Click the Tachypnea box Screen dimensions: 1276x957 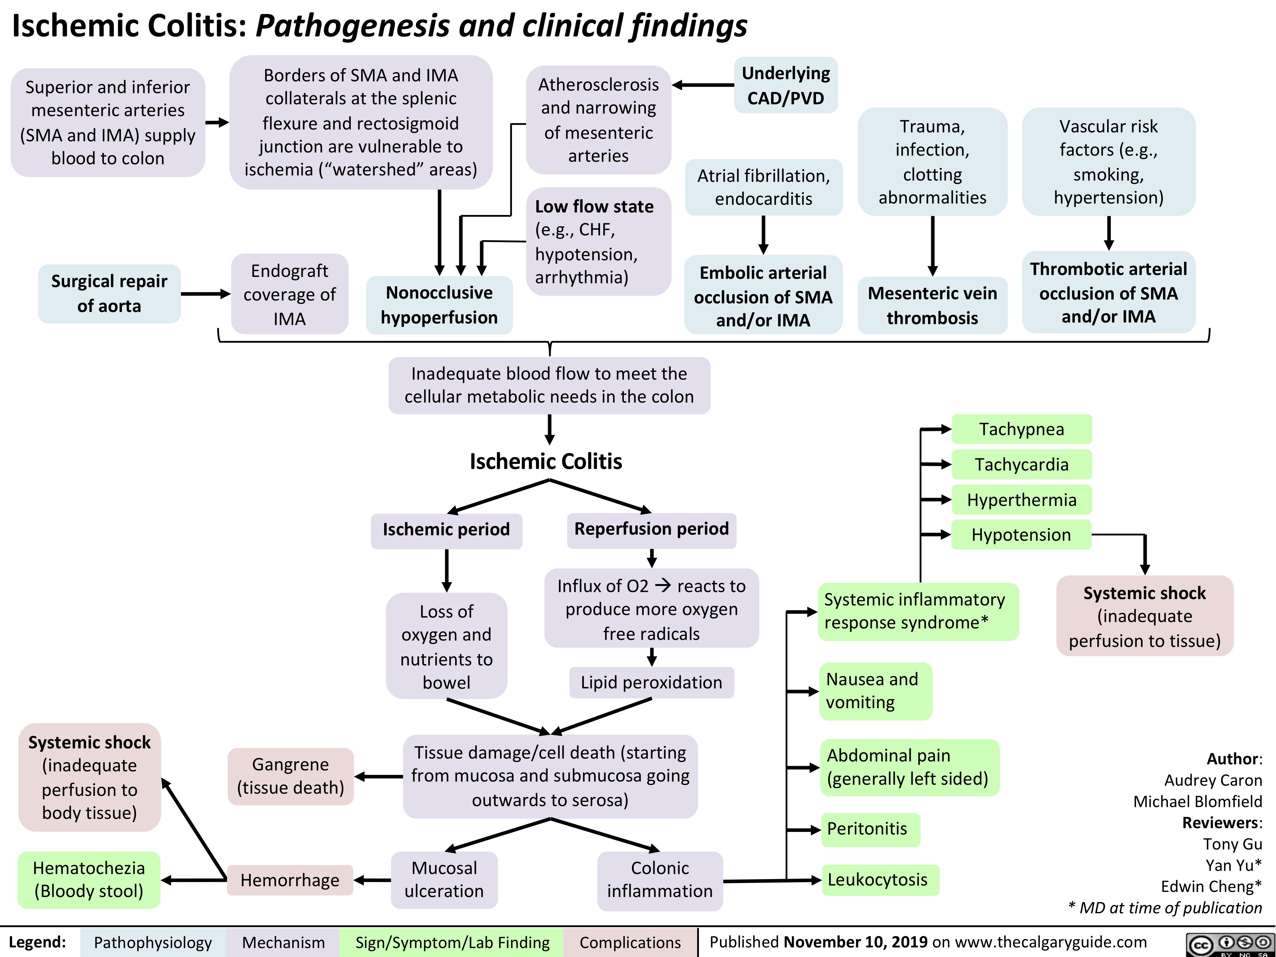coord(1022,429)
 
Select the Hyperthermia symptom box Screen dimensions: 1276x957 coord(1022,500)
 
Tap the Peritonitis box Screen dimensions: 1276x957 coord(870,829)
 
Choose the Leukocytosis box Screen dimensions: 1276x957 coord(880,880)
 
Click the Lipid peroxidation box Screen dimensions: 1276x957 coord(651,682)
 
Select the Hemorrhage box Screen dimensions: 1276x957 coord(290,880)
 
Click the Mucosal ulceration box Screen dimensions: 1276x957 coord(444,880)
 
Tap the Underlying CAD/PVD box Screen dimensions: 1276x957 coord(786,85)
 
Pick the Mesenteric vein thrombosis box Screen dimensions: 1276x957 coord(932,306)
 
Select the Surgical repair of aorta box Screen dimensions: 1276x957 coord(110,293)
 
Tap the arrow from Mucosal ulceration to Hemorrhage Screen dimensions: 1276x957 coord(372,880)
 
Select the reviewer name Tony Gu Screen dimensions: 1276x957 coord(1233,844)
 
